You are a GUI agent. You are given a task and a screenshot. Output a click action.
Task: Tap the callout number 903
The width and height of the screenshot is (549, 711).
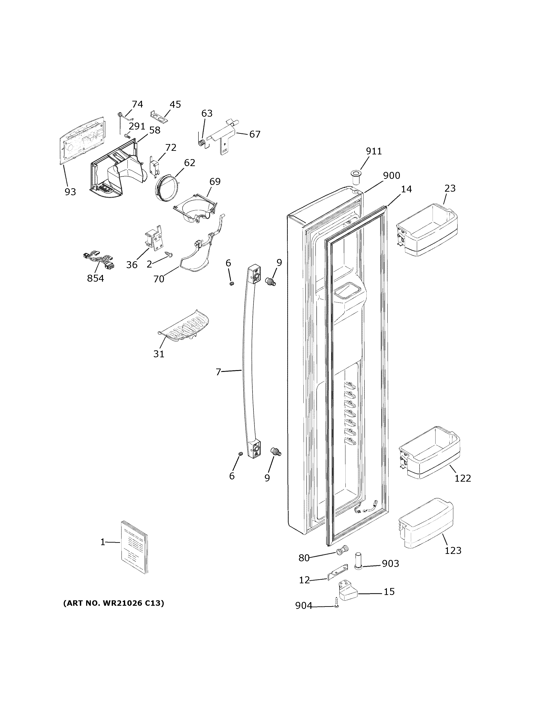click(x=390, y=563)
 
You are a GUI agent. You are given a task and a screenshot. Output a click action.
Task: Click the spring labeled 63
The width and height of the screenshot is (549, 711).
click(x=202, y=143)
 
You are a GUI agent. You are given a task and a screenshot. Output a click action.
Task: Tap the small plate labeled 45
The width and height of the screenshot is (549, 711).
click(x=159, y=117)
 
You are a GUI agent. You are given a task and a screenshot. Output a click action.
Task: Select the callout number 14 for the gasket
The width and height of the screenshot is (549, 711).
click(x=406, y=189)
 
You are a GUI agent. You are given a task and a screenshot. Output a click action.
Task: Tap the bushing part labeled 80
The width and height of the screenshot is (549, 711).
click(x=342, y=550)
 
